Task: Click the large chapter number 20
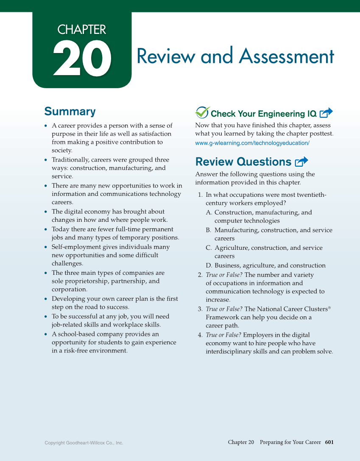click(x=82, y=59)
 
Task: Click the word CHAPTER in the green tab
click(x=82, y=30)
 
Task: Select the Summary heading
click(x=70, y=112)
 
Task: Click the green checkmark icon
click(x=202, y=112)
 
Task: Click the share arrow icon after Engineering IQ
click(x=326, y=113)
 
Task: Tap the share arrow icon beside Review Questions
click(x=301, y=161)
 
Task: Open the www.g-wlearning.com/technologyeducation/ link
click(x=252, y=143)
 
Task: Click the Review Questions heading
click(x=243, y=162)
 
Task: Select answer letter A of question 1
click(x=209, y=212)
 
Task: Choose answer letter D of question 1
click(x=209, y=265)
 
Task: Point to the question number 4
click(x=200, y=335)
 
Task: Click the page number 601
click(x=329, y=442)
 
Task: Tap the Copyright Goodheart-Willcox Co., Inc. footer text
click(x=84, y=443)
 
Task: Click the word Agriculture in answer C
click(x=232, y=248)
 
